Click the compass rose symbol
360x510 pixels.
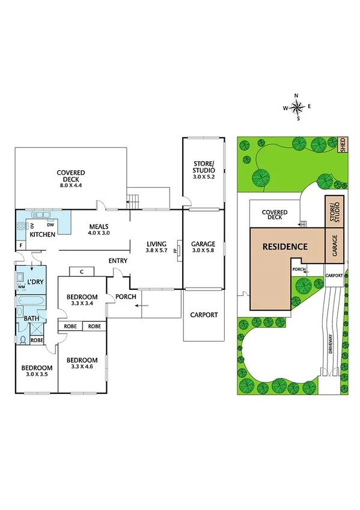pyautogui.click(x=297, y=108)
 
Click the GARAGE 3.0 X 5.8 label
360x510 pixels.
pyautogui.click(x=203, y=247)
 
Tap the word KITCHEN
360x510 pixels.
pyautogui.click(x=43, y=234)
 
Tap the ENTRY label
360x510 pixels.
pyautogui.click(x=118, y=260)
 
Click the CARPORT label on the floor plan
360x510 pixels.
pyautogui.click(x=204, y=315)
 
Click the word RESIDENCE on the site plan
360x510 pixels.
pyautogui.click(x=284, y=247)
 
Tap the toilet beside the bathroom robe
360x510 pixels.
pyautogui.click(x=22, y=340)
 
